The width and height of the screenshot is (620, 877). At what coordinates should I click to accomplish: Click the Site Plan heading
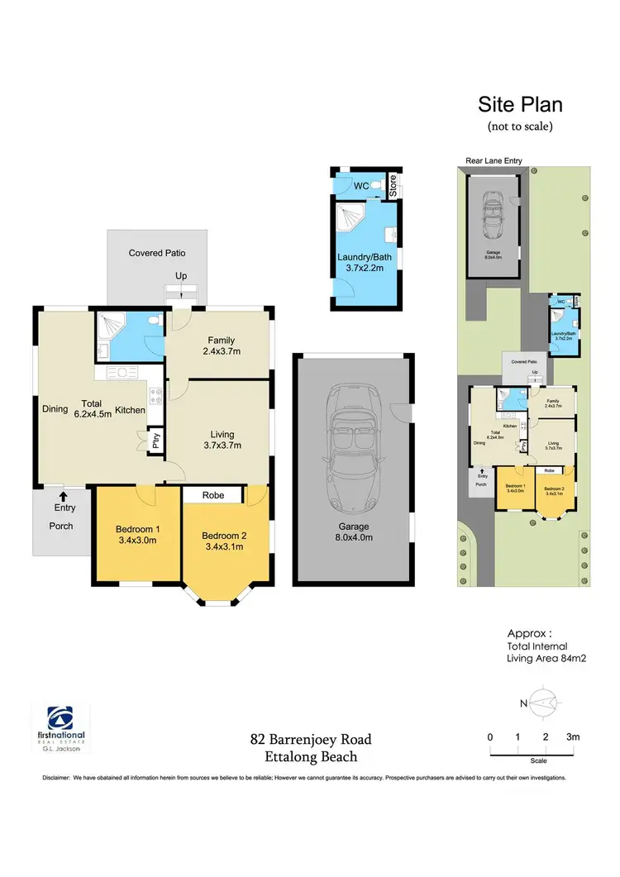click(521, 105)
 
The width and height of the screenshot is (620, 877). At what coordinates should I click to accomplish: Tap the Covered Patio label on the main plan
click(157, 253)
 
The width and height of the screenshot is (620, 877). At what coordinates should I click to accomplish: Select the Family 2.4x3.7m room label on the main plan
click(222, 346)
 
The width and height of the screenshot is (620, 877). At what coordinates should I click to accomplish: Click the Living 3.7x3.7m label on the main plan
click(222, 439)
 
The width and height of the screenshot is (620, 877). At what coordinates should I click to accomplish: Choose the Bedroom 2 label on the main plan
click(224, 541)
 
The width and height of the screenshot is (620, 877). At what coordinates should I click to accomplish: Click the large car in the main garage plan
click(351, 450)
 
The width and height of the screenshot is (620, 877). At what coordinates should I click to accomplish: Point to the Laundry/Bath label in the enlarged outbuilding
click(365, 262)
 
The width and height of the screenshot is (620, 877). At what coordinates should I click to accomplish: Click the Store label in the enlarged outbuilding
click(393, 187)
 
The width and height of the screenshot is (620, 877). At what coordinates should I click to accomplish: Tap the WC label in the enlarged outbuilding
click(361, 187)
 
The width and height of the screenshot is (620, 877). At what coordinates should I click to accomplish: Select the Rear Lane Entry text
click(493, 161)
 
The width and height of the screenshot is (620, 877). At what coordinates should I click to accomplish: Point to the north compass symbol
click(540, 703)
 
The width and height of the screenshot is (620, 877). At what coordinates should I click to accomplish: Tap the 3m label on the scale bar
click(573, 736)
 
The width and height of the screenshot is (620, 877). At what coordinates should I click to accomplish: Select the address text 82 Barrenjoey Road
click(312, 739)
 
